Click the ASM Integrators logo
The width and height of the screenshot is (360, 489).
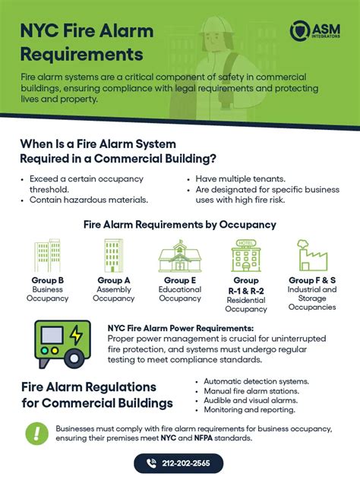(x=314, y=30)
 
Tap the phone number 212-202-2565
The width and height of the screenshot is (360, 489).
(x=186, y=463)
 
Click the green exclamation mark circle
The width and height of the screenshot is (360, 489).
(x=36, y=434)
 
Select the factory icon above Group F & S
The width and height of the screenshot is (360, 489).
(x=312, y=255)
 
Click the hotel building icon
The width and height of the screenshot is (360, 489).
(x=246, y=255)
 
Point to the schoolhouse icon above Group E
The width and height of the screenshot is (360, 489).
(x=180, y=256)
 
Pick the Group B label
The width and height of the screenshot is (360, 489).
(x=47, y=280)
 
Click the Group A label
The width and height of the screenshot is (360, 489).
(x=114, y=280)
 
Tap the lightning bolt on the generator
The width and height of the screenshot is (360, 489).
(x=76, y=335)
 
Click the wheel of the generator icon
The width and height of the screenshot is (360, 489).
(x=74, y=358)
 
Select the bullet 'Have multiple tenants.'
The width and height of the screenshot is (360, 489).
(x=240, y=179)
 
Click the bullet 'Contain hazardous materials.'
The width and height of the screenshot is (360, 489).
(x=89, y=200)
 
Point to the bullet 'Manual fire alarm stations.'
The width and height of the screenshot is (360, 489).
(x=251, y=391)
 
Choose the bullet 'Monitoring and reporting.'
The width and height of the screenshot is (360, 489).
(x=250, y=409)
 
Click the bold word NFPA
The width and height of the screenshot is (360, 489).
(x=204, y=438)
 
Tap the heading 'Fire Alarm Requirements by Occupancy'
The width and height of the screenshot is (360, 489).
(x=180, y=225)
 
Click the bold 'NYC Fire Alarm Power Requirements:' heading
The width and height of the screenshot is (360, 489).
(x=181, y=328)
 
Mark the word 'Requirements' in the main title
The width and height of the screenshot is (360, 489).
(x=82, y=55)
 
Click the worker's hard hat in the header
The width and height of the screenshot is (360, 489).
(x=217, y=25)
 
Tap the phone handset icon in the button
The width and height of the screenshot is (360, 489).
(x=151, y=463)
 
